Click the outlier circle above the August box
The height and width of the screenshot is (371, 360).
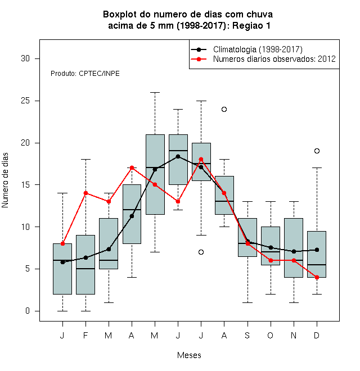pyautogui.click(x=224, y=109)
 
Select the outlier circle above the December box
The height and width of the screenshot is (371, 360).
pyautogui.click(x=317, y=151)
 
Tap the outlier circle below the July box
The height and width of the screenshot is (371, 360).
pyautogui.click(x=201, y=252)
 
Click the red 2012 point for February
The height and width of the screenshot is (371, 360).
pyautogui.click(x=85, y=193)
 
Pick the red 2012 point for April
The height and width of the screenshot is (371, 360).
pyautogui.click(x=132, y=168)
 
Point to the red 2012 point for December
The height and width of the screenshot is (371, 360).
pyautogui.click(x=317, y=277)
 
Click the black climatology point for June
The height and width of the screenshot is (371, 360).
pyautogui.click(x=178, y=156)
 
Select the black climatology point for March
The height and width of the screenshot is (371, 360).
pyautogui.click(x=109, y=249)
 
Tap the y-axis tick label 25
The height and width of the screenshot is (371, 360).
pyautogui.click(x=25, y=101)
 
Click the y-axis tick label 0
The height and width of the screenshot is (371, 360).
pyautogui.click(x=28, y=311)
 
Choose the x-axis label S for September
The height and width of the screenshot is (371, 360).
pyautogui.click(x=247, y=335)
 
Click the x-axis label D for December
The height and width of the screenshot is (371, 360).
pyautogui.click(x=317, y=335)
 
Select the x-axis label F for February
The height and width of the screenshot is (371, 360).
pyautogui.click(x=85, y=335)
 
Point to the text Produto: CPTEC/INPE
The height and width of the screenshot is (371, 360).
pyautogui.click(x=85, y=74)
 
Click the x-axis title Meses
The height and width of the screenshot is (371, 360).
pyautogui.click(x=189, y=355)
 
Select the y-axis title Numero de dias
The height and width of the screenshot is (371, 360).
pyautogui.click(x=5, y=180)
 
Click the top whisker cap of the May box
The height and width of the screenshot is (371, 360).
pyautogui.click(x=155, y=93)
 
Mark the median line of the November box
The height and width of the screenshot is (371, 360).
pyautogui.click(x=294, y=260)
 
